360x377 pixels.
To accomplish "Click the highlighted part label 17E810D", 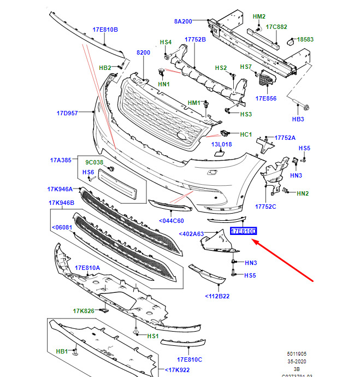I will pyautogui.click(x=244, y=232).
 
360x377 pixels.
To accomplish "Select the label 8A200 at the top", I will pyautogui.click(x=183, y=21).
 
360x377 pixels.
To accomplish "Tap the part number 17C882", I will pyautogui.click(x=276, y=26).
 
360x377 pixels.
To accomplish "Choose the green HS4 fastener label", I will pyautogui.click(x=165, y=43).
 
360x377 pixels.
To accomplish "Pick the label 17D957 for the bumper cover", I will pyautogui.click(x=67, y=114).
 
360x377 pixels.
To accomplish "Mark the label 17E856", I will pyautogui.click(x=265, y=98).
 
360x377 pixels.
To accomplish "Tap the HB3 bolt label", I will pyautogui.click(x=298, y=119).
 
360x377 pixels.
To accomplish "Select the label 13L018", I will pyautogui.click(x=222, y=144).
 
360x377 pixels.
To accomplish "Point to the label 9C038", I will pyautogui.click(x=93, y=162).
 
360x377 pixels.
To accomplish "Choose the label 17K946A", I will pyautogui.click(x=60, y=189).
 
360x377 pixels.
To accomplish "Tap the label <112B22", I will pyautogui.click(x=217, y=296).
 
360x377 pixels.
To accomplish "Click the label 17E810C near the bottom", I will pyautogui.click(x=189, y=360).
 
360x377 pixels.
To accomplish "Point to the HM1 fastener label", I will pyautogui.click(x=194, y=103).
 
